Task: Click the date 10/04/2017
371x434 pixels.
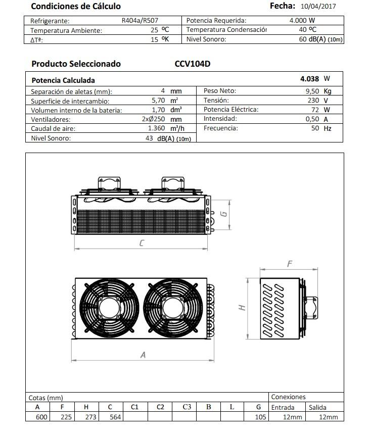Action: [318, 7]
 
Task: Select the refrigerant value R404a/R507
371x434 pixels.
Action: [140, 21]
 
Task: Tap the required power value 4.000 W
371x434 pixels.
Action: [302, 20]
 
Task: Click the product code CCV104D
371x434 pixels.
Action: [193, 64]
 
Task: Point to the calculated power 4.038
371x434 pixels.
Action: [309, 79]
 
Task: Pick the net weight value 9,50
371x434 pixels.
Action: [312, 91]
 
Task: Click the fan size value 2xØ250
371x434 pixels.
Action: [153, 119]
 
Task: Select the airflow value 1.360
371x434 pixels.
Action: [156, 128]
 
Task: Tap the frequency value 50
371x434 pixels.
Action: [315, 128]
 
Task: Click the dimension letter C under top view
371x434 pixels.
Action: [142, 243]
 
